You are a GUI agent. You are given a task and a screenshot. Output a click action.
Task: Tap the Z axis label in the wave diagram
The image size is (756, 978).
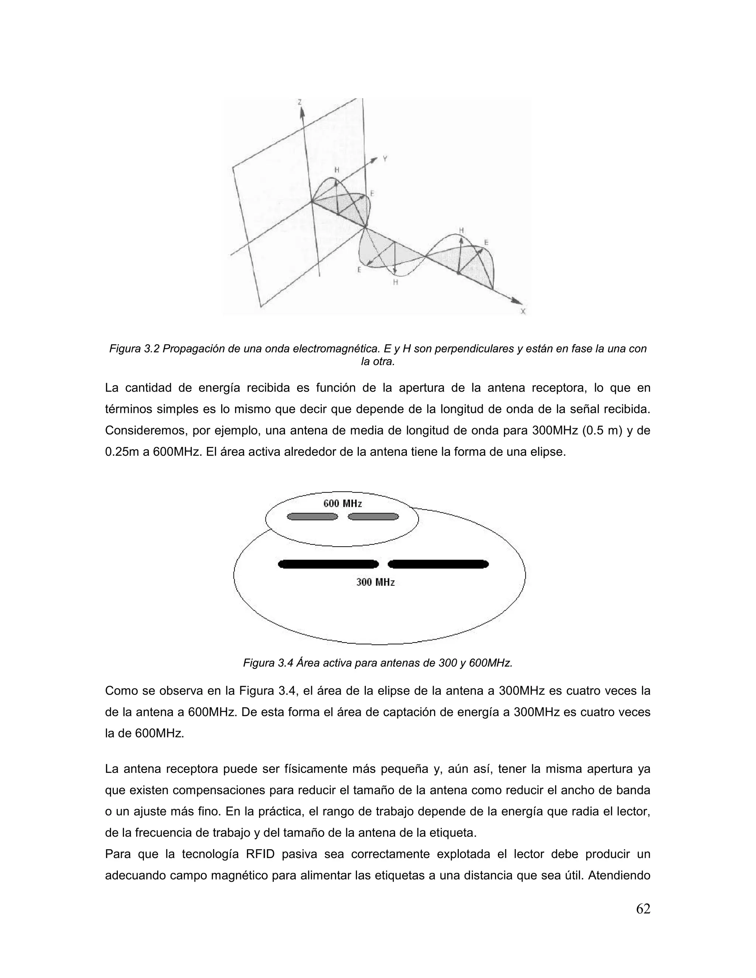point(300,102)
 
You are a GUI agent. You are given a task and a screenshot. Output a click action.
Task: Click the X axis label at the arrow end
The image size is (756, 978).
point(523,311)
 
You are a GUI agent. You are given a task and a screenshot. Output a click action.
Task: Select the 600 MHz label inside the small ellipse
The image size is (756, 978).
point(343,503)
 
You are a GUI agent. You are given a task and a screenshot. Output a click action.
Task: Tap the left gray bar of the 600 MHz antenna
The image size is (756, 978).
point(312,517)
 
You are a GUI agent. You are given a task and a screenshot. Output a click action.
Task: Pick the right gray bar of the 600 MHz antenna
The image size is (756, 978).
point(373,517)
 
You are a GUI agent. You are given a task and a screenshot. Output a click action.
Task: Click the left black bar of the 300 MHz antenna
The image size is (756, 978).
point(328,564)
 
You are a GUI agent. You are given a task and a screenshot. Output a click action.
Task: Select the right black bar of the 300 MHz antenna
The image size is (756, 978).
point(438,564)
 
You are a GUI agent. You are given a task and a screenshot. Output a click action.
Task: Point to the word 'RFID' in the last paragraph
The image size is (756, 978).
point(260,854)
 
